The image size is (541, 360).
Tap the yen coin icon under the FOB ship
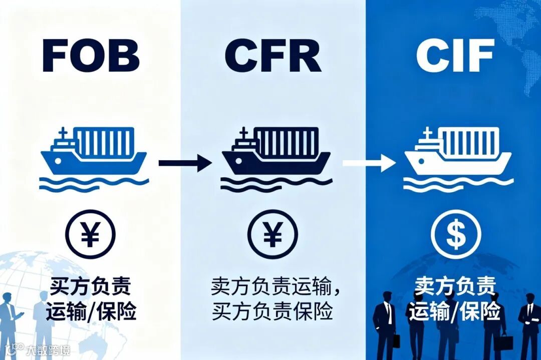pyautogui.click(x=90, y=234)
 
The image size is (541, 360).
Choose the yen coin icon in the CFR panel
pyautogui.click(x=273, y=234)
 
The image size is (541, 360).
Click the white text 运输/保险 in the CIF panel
pyautogui.click(x=455, y=311)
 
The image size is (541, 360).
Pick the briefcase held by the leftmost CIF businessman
pyautogui.click(x=396, y=340)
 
